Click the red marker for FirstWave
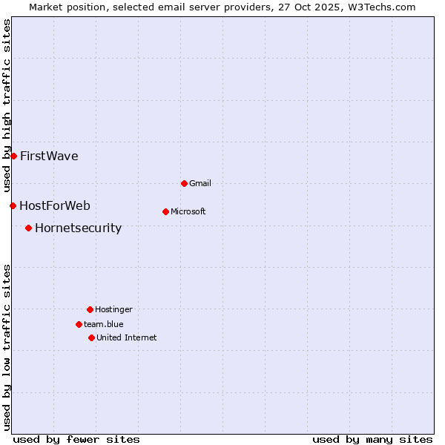click(13, 156)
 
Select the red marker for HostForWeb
click(13, 205)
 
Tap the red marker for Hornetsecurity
click(28, 228)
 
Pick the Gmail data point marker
click(184, 183)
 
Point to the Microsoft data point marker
click(165, 211)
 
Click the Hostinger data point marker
click(90, 309)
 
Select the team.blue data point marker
click(79, 324)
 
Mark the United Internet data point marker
click(91, 337)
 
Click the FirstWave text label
click(49, 156)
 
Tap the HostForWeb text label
click(55, 205)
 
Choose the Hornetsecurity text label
click(78, 228)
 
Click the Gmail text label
click(200, 183)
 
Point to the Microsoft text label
click(188, 211)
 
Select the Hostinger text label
click(113, 309)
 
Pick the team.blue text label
click(104, 324)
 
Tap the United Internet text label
click(127, 337)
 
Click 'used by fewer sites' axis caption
click(76, 439)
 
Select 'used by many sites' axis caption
click(372, 439)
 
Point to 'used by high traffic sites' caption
click(7, 106)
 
